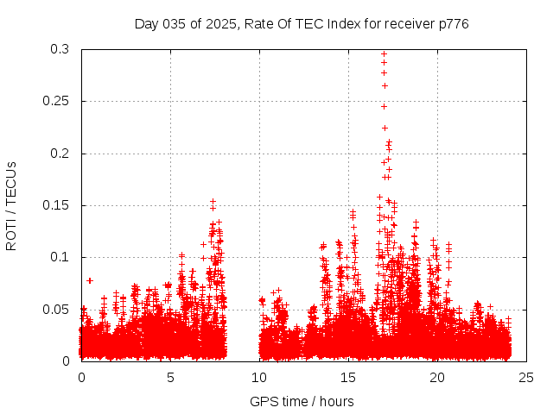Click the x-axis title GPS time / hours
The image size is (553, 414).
(302, 401)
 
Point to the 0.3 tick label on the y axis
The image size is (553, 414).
(61, 50)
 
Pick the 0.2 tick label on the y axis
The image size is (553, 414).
(61, 154)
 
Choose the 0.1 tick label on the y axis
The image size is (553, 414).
(61, 257)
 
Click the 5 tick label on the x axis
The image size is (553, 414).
(170, 377)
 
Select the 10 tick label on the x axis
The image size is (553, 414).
(259, 377)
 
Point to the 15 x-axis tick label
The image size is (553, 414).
(348, 377)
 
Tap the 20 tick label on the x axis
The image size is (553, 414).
(437, 377)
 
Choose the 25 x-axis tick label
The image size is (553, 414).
(526, 377)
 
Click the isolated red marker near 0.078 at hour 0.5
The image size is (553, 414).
(90, 280)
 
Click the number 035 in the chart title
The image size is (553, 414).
(175, 24)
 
